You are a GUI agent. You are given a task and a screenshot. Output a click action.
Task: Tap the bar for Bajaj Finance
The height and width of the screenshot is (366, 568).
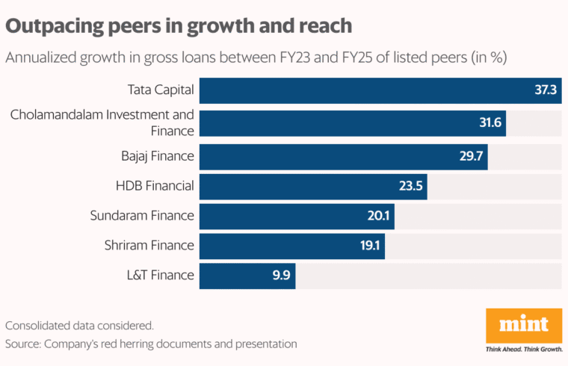(343, 155)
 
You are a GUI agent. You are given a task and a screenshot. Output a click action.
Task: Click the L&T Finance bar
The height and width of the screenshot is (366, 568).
(247, 275)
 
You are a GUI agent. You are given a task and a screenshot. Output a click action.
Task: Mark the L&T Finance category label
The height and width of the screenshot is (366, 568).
(158, 275)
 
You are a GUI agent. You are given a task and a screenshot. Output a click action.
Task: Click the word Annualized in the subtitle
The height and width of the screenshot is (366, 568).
(41, 58)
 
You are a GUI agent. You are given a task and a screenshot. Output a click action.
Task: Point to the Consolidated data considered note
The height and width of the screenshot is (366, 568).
(79, 326)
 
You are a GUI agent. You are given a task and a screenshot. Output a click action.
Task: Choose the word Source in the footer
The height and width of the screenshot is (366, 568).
(22, 344)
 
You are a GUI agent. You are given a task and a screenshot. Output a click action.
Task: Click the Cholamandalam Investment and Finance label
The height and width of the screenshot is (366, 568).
(102, 122)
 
